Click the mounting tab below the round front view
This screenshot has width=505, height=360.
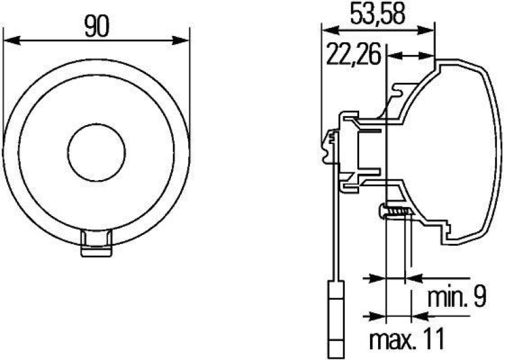coord(97,244)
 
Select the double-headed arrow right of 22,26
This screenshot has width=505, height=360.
coord(411,56)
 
